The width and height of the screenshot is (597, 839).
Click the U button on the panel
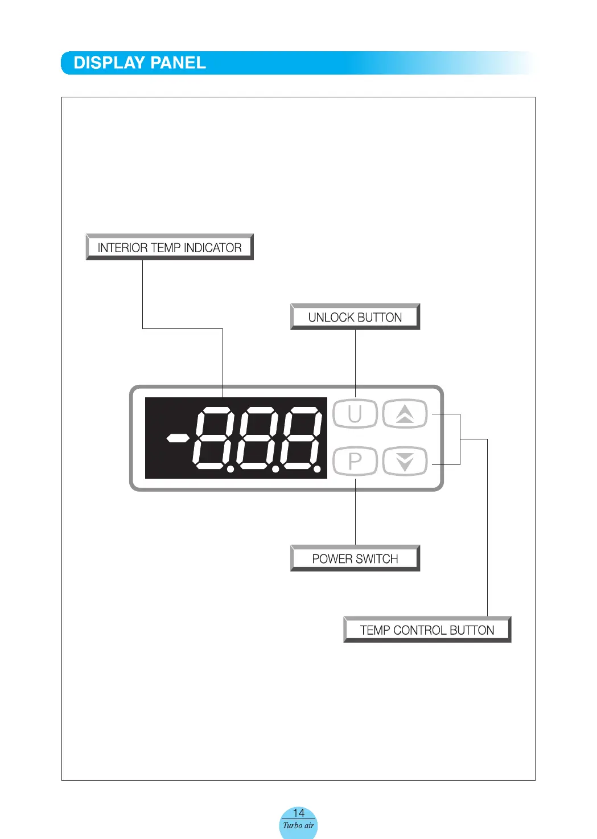pyautogui.click(x=355, y=414)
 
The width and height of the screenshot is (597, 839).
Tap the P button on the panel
pyautogui.click(x=355, y=461)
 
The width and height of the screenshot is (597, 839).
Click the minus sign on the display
pyautogui.click(x=178, y=438)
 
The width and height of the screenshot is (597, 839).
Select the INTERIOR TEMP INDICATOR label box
pyautogui.click(x=170, y=248)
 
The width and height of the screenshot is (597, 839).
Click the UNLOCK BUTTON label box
pyautogui.click(x=355, y=317)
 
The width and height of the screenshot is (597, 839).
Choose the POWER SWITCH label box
pyautogui.click(x=355, y=558)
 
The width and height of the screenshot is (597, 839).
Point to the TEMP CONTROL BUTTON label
pyautogui.click(x=427, y=630)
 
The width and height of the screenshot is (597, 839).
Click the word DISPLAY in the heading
pyautogui.click(x=109, y=63)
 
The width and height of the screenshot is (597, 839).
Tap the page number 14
pyautogui.click(x=299, y=813)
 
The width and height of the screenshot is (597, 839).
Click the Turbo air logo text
pyautogui.click(x=299, y=825)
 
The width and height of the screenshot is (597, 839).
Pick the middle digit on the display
pyautogui.click(x=257, y=438)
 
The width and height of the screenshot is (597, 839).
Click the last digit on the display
pyautogui.click(x=301, y=438)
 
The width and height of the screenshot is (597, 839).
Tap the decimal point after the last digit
pyautogui.click(x=318, y=469)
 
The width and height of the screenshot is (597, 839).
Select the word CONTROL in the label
pyautogui.click(x=419, y=630)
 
